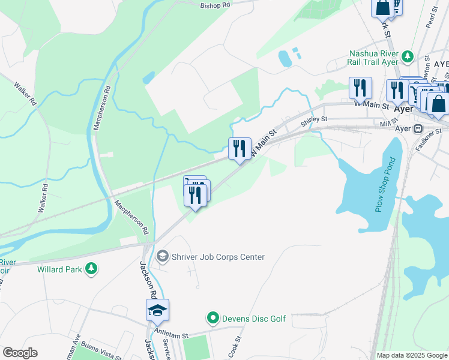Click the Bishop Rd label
(215, 4)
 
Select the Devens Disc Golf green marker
(212, 318)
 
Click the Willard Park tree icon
(91, 269)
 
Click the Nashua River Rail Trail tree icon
(408, 57)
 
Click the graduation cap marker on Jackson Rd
(157, 311)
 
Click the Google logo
(20, 353)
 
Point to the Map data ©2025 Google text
(412, 355)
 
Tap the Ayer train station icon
(418, 128)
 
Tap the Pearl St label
(430, 19)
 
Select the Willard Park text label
(59, 269)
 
